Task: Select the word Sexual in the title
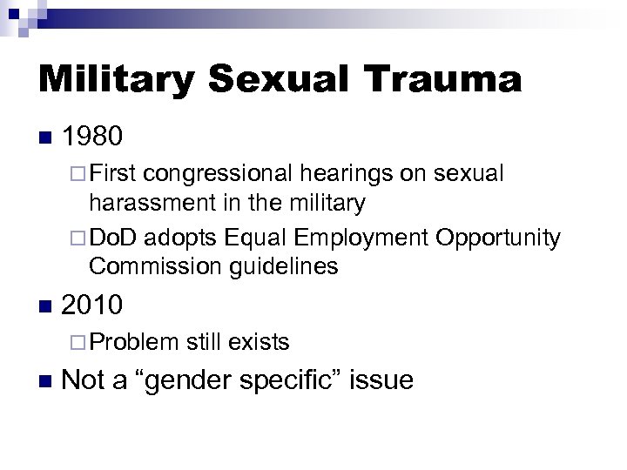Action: pyautogui.click(x=280, y=80)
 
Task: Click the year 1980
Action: pyautogui.click(x=96, y=138)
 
